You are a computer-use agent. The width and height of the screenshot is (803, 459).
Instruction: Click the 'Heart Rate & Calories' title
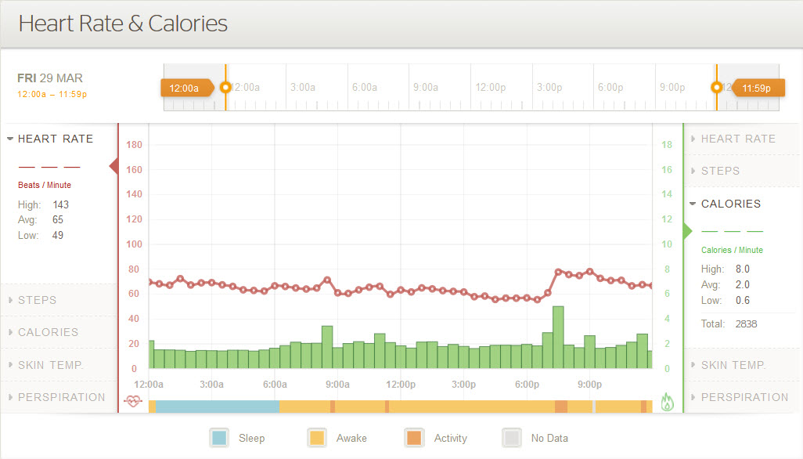pyautogui.click(x=123, y=23)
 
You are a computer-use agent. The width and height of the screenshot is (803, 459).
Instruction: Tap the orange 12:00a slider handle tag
pyautogui.click(x=186, y=88)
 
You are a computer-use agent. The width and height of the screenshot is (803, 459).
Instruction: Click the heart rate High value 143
pyautogui.click(x=61, y=204)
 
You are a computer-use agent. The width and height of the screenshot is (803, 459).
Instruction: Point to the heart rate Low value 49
pyautogui.click(x=58, y=235)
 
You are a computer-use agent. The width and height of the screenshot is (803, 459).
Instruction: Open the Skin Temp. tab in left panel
pyautogui.click(x=50, y=364)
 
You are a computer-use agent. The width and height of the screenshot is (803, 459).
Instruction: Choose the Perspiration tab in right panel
pyautogui.click(x=744, y=397)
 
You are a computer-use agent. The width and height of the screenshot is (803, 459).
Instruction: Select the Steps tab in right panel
pyautogui.click(x=720, y=171)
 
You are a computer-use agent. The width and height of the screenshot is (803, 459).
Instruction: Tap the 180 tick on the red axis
pyautogui.click(x=134, y=145)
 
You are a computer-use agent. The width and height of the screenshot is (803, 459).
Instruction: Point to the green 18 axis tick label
pyautogui.click(x=667, y=145)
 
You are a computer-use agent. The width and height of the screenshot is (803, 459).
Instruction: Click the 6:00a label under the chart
pyautogui.click(x=275, y=385)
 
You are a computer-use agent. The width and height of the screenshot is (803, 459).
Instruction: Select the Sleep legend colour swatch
pyautogui.click(x=220, y=438)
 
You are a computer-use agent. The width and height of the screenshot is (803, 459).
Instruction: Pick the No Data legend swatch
pyautogui.click(x=512, y=438)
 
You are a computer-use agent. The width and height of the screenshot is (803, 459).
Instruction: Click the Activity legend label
pyautogui.click(x=450, y=438)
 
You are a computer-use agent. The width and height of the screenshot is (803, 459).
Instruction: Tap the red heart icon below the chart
pyautogui.click(x=134, y=402)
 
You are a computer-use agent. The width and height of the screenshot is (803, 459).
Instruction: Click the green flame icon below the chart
pyautogui.click(x=667, y=403)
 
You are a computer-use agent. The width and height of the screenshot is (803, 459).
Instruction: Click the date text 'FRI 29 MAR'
pyautogui.click(x=50, y=78)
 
